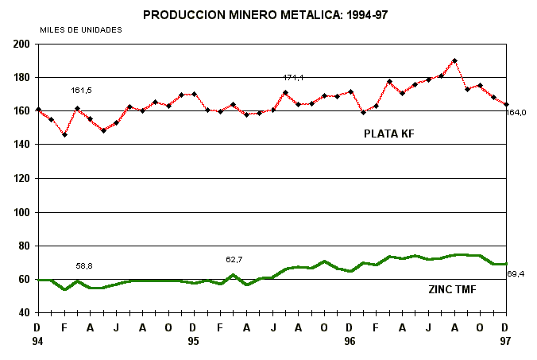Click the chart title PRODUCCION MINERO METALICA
point(268,14)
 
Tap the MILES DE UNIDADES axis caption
point(81,29)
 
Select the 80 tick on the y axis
point(23,246)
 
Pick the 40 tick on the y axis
point(23,313)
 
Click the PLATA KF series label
point(389,134)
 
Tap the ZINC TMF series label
point(452,290)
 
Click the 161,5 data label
point(81,91)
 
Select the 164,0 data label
point(516,113)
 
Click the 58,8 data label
point(84,265)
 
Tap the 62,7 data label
point(235,259)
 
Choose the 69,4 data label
point(516,274)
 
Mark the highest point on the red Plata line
point(454,60)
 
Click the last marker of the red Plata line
point(506,104)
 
